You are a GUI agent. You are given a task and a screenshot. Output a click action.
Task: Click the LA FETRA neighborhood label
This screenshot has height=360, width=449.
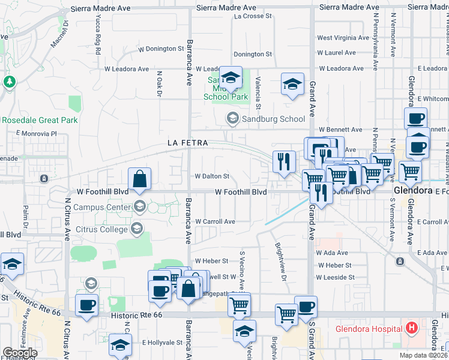tap(187, 143)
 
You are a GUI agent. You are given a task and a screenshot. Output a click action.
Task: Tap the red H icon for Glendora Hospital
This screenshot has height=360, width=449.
tap(411, 328)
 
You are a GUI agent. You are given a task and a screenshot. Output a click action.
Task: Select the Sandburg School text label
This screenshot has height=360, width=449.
tap(273, 119)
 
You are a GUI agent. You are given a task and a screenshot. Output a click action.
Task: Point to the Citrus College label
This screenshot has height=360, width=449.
tap(101, 229)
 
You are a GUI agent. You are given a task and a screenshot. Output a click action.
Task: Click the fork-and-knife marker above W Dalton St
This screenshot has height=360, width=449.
tap(284, 162)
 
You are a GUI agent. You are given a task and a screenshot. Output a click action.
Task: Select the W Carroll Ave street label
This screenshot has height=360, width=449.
tap(215, 221)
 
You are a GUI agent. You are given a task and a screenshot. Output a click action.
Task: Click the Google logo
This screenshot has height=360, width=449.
tap(20, 353)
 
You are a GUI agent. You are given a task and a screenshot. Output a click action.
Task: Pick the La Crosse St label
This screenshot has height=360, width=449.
tap(249, 16)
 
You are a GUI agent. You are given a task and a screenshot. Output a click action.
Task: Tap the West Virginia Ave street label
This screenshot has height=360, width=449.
tap(343, 38)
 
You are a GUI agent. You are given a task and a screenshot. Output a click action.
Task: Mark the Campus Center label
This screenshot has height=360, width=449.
tap(101, 208)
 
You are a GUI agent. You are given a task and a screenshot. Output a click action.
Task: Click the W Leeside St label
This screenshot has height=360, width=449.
tap(335, 277)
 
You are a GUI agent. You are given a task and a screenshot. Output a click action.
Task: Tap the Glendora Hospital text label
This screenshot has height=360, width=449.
tap(369, 329)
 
